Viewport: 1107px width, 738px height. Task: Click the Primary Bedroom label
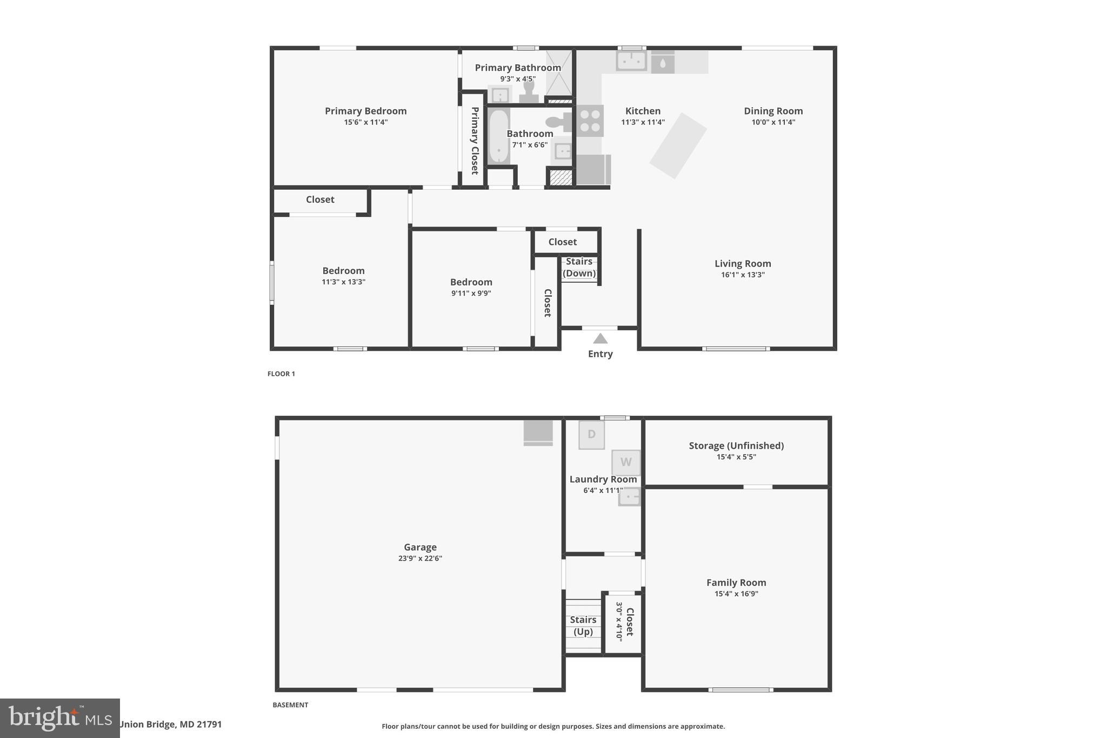(x=365, y=111)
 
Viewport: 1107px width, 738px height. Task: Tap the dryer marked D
(x=591, y=435)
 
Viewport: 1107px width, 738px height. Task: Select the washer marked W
(x=626, y=462)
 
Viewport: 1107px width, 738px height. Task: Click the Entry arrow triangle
(x=600, y=339)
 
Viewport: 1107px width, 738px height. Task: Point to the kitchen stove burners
(x=590, y=121)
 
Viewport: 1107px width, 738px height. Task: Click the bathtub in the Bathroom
(x=498, y=136)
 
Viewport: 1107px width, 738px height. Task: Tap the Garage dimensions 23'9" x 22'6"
(x=420, y=559)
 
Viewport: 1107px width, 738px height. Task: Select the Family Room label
(x=736, y=582)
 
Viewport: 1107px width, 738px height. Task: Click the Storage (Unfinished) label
(x=736, y=446)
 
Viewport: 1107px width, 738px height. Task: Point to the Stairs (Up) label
(x=583, y=626)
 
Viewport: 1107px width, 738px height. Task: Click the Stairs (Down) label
(x=579, y=267)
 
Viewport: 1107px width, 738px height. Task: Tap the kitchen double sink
(x=631, y=61)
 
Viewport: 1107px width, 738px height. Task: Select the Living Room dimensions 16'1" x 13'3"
(x=743, y=275)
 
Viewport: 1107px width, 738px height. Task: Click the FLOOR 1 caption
(x=281, y=374)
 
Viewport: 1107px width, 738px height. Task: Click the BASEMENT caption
(x=290, y=705)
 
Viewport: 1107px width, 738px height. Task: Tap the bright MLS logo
(x=59, y=718)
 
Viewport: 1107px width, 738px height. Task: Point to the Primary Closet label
(x=475, y=141)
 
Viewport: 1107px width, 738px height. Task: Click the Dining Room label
(x=773, y=111)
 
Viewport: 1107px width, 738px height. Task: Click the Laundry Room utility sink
(x=629, y=496)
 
